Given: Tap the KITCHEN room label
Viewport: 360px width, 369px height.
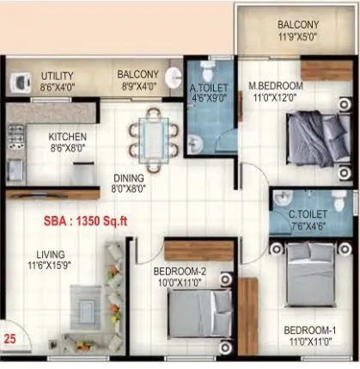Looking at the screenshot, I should (x=67, y=137).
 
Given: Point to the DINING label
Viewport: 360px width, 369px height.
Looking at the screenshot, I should (x=129, y=179).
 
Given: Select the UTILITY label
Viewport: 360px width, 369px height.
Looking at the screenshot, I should (x=58, y=76).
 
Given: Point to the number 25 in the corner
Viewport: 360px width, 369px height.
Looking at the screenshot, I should (x=10, y=338).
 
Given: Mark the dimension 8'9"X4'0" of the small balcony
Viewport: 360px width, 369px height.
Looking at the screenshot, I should (x=137, y=86).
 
